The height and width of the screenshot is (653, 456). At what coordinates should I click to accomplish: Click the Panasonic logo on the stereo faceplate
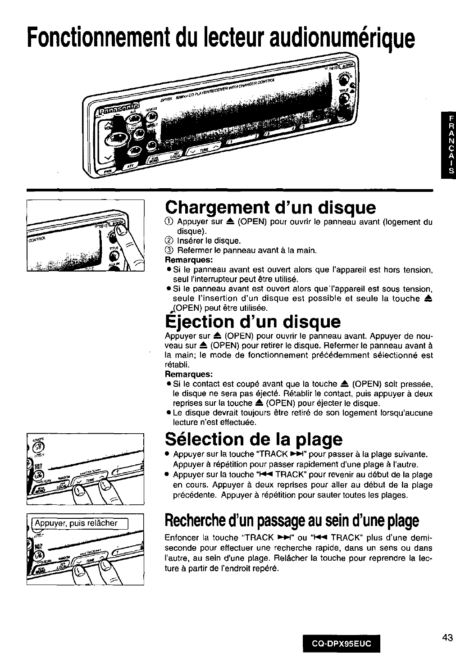click(x=119, y=111)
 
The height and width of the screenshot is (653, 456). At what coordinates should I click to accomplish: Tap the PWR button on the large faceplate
click(x=108, y=172)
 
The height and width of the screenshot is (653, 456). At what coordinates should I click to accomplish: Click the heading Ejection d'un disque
click(x=252, y=322)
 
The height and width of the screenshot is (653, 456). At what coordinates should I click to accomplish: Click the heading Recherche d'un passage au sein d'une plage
click(x=292, y=521)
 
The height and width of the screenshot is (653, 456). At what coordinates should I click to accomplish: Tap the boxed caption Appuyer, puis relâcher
click(x=82, y=523)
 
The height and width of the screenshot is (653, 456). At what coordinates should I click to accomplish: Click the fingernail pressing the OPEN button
click(x=121, y=232)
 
